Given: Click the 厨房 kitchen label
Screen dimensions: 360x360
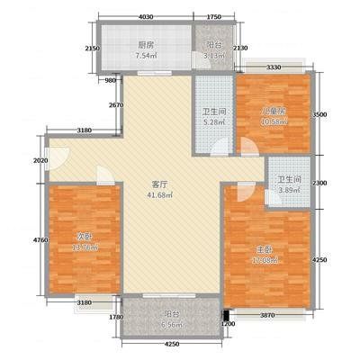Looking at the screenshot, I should point(146,42).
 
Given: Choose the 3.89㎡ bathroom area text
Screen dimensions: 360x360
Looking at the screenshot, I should point(289,190).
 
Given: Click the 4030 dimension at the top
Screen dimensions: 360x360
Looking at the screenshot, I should point(146,16).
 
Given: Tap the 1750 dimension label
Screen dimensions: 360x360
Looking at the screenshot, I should point(214,16).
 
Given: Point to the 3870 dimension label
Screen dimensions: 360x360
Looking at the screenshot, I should point(269,316).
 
